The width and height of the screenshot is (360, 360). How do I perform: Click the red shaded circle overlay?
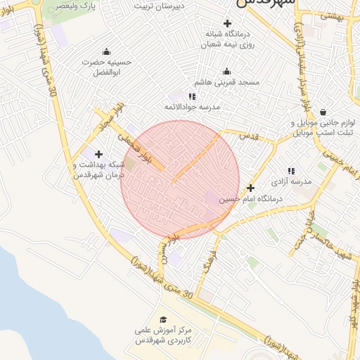pos(179,179)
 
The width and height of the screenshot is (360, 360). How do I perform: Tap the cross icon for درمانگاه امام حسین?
pos(251,188)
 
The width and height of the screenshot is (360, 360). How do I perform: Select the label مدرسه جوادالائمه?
pos(192,107)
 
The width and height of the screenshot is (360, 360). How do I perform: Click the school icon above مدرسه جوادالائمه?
pos(192,96)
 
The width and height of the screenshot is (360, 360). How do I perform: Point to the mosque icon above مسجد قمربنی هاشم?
pos(226,72)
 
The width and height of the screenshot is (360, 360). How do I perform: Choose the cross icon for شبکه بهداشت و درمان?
pos(98,154)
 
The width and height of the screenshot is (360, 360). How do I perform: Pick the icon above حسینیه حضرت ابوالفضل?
pos(106,51)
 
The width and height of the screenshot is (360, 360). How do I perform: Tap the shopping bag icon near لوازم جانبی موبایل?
pos(323,112)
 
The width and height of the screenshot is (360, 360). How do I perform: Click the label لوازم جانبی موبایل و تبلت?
pos(321,127)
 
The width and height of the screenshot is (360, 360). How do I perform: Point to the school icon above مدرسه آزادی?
pos(290,171)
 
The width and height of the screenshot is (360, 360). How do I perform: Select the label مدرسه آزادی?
pos(295,182)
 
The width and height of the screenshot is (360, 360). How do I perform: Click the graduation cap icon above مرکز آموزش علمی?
pos(164,319)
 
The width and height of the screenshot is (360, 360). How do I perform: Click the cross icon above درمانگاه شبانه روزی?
pos(227,23)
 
